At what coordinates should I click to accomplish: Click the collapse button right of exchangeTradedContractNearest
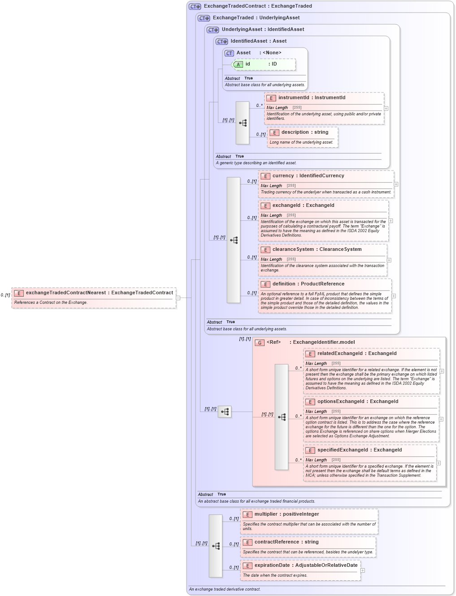(x=178, y=298)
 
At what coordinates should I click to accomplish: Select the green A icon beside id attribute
(x=238, y=65)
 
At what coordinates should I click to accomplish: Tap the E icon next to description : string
(x=274, y=133)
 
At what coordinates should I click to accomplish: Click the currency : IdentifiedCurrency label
(x=308, y=176)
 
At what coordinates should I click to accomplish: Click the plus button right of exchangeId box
(x=391, y=221)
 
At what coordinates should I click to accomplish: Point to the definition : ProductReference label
(x=308, y=284)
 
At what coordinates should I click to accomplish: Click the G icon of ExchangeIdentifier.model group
(x=260, y=343)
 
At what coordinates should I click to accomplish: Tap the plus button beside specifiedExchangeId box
(x=439, y=463)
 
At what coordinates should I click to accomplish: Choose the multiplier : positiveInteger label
(x=287, y=514)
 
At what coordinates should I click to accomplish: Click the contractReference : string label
(x=286, y=542)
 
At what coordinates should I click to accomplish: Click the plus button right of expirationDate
(x=363, y=570)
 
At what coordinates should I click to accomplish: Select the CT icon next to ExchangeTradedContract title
(x=195, y=7)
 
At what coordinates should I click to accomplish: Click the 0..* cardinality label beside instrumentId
(x=259, y=105)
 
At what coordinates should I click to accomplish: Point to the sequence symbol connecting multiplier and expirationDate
(x=216, y=546)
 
